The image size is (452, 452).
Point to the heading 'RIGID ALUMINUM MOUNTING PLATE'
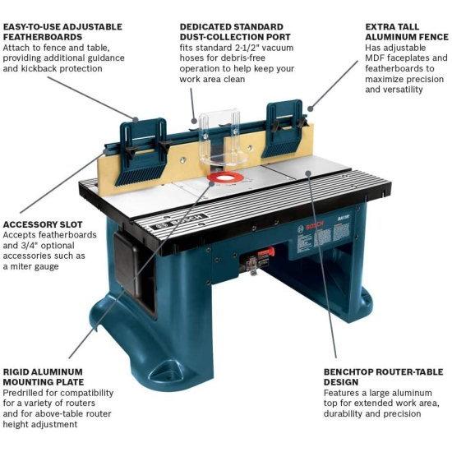point(47,376)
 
